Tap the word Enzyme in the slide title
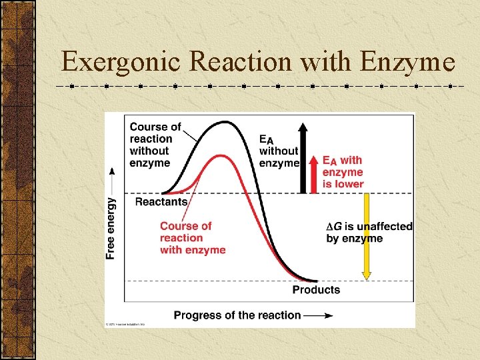point(407,62)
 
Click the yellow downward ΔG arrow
point(366,237)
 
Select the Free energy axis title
point(111,227)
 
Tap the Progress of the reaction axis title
point(237,315)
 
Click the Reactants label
point(161,201)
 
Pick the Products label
point(316,290)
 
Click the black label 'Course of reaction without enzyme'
point(154,145)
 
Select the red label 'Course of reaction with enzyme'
point(192,238)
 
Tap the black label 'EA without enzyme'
point(278,151)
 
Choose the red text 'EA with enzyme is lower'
point(343,172)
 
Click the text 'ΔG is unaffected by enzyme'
point(369,232)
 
